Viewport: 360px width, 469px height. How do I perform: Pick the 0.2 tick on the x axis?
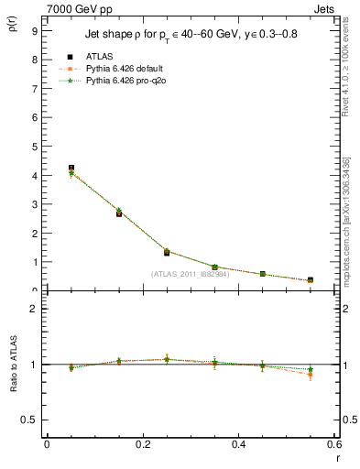pos(142,444)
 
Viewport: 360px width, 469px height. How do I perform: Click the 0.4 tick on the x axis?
pos(238,444)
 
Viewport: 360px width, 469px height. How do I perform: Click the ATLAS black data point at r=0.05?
pos(71,169)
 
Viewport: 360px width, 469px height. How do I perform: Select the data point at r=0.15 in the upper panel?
pos(119,213)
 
